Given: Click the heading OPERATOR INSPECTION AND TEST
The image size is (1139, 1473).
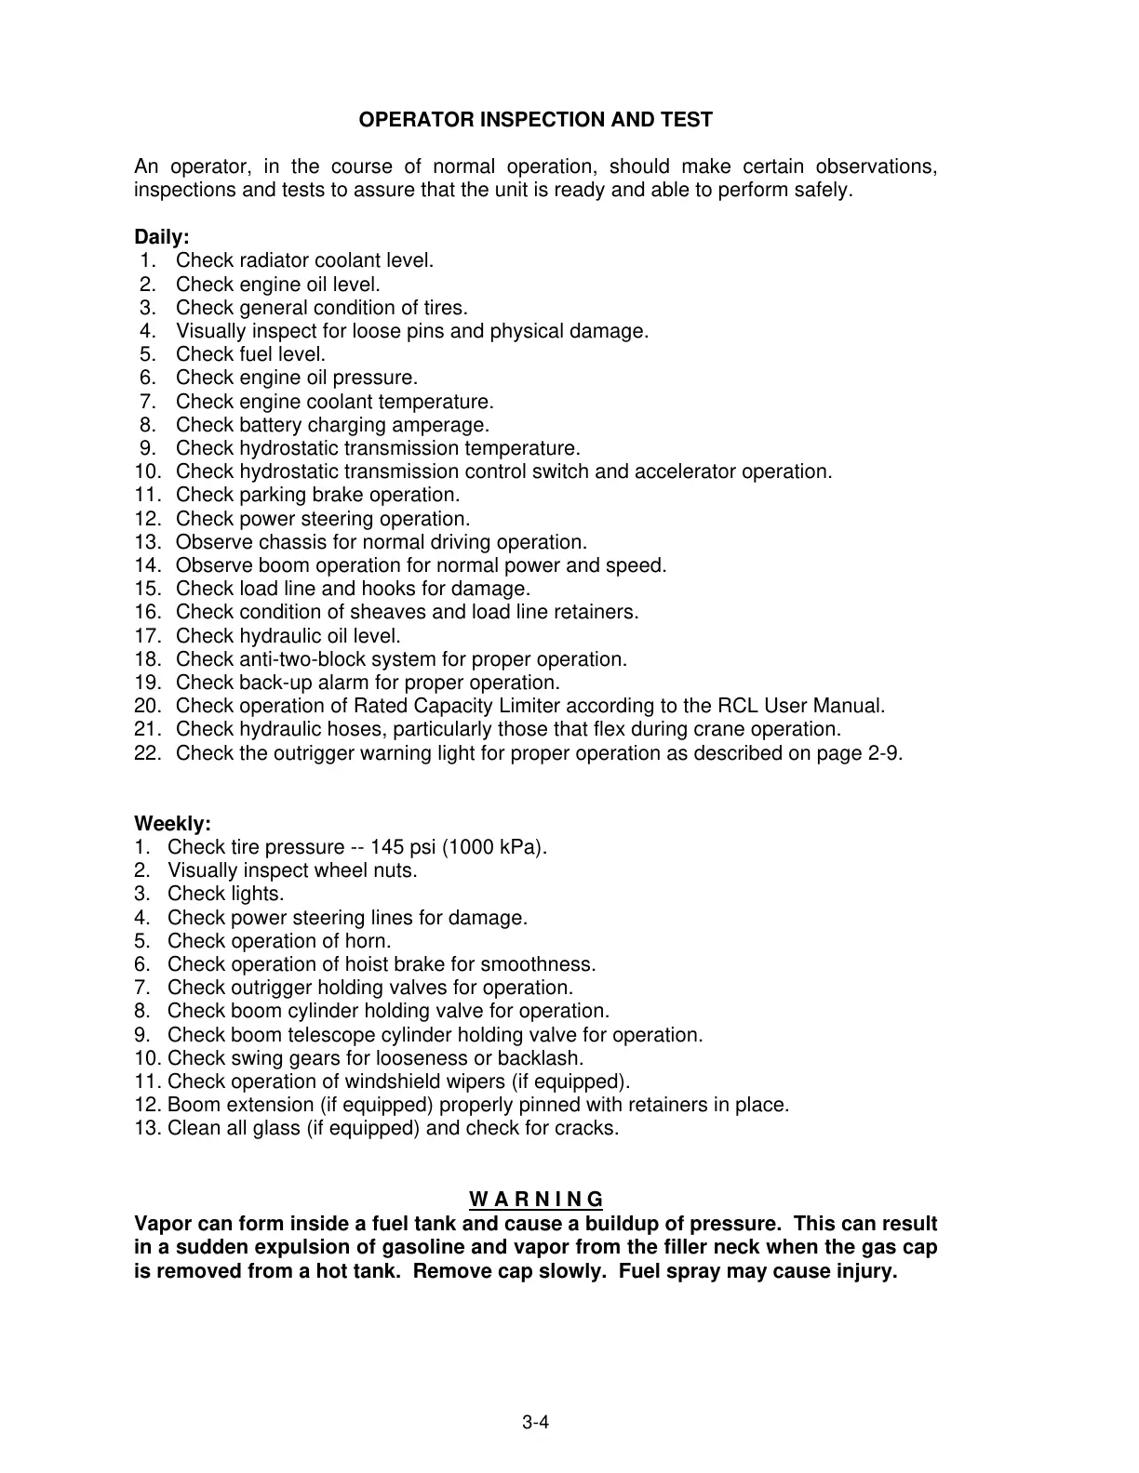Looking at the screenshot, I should tap(536, 120).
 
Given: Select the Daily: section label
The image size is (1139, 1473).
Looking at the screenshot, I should tap(162, 237).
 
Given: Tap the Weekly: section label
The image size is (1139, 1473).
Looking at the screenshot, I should tap(173, 824).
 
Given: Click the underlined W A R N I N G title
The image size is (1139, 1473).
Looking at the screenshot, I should tap(536, 1199).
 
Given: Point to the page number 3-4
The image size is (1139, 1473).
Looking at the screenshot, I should tap(536, 1422).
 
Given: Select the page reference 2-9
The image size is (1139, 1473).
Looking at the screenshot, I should tap(883, 753).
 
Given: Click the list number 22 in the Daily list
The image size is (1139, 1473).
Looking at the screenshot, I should tap(147, 753).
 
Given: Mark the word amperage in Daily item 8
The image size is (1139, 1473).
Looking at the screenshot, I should tap(446, 425).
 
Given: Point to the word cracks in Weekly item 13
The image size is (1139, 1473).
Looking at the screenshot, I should tap(587, 1128).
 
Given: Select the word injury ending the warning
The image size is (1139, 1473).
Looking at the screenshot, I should tap(866, 1271).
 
